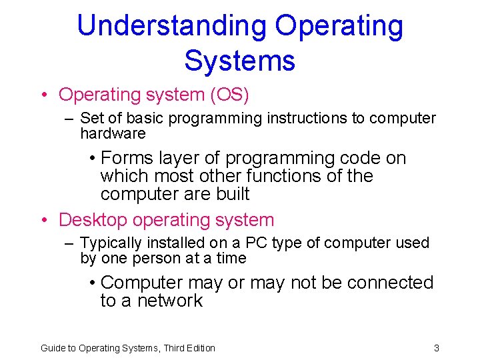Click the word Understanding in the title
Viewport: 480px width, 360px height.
point(172,27)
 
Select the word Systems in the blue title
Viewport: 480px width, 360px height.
point(239,60)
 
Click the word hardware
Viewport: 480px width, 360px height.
point(113,133)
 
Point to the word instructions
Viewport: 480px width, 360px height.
point(307,119)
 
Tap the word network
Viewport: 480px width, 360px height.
point(169,301)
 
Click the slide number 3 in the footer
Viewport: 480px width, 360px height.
point(436,347)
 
